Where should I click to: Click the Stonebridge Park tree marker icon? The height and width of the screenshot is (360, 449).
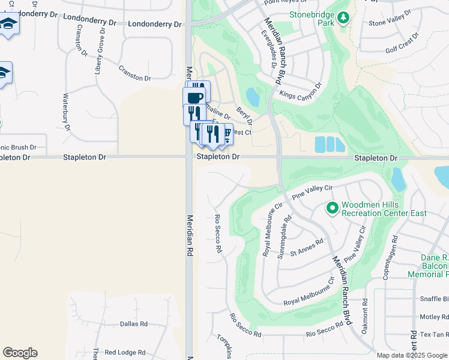click(x=343, y=19)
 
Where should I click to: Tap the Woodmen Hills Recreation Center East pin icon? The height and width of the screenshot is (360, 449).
click(x=332, y=209)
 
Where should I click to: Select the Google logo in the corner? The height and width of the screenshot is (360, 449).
click(x=20, y=353)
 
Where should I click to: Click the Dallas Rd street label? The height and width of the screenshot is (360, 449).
click(x=133, y=324)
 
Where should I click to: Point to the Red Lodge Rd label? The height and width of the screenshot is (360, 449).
click(x=125, y=353)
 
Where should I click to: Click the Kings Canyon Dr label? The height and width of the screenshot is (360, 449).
click(x=301, y=89)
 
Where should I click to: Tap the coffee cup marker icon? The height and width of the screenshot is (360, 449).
click(x=193, y=97)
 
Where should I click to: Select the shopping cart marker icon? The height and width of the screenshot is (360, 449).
click(x=226, y=133)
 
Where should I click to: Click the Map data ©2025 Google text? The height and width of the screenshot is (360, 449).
click(x=411, y=355)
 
